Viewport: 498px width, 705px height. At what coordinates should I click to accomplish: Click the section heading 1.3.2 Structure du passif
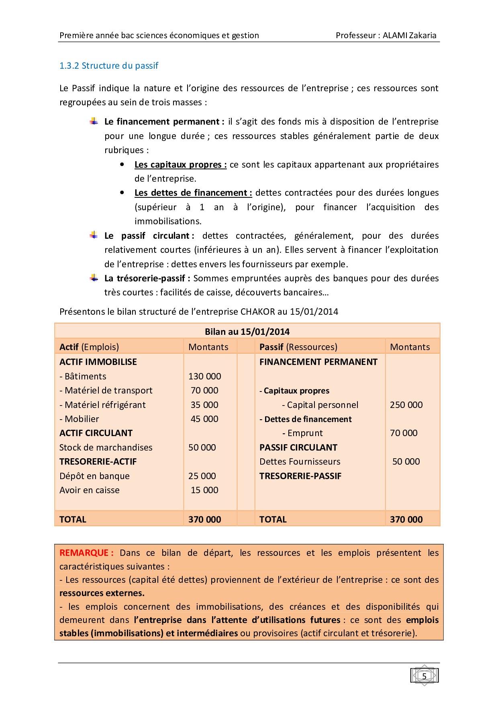click(x=109, y=66)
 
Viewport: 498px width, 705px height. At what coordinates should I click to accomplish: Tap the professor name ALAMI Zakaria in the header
click(x=409, y=35)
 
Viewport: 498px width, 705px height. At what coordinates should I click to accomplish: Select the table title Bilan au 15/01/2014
click(x=247, y=332)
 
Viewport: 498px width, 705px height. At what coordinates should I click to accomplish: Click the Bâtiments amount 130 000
click(x=204, y=376)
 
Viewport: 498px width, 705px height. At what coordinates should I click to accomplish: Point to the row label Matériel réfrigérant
click(x=102, y=405)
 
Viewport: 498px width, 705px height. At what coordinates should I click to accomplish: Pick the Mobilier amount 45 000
click(x=204, y=419)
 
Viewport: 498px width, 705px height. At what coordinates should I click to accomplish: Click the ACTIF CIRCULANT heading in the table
click(x=96, y=433)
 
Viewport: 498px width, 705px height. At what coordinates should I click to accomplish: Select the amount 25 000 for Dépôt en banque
click(x=202, y=476)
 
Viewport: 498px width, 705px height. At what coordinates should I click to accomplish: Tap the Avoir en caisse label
click(x=90, y=490)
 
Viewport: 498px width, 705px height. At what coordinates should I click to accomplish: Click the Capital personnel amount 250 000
click(x=406, y=405)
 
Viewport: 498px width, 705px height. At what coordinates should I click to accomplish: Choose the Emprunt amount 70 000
click(x=404, y=433)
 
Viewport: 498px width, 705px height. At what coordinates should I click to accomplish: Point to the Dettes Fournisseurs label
click(x=300, y=461)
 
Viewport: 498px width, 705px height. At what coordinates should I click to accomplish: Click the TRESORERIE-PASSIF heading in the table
click(x=300, y=476)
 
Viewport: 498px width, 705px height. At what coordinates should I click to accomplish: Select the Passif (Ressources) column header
click(x=298, y=347)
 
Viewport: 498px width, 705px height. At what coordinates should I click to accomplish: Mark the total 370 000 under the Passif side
click(x=406, y=519)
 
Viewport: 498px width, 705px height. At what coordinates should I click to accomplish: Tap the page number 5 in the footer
click(x=424, y=676)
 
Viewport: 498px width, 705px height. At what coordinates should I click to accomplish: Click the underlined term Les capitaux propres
click(x=180, y=164)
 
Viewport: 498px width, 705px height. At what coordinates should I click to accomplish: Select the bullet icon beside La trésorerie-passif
click(x=94, y=278)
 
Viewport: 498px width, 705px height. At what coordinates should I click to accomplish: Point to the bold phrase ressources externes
click(x=102, y=593)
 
